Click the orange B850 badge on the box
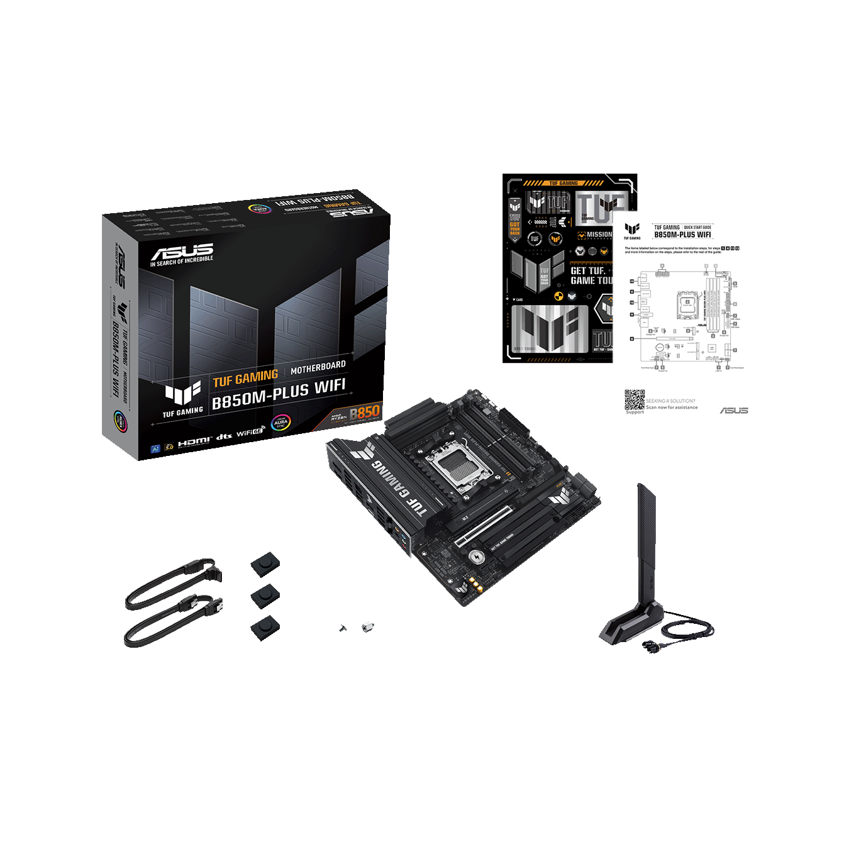[364, 413]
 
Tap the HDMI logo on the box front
[194, 442]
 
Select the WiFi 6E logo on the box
[250, 433]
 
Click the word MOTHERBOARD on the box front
[318, 367]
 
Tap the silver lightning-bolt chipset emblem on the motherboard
[476, 556]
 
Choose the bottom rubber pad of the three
[265, 627]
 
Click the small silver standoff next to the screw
[367, 626]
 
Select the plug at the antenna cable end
[648, 645]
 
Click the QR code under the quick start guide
[634, 400]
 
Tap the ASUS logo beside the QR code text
[733, 410]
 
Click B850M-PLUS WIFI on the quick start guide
[682, 235]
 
